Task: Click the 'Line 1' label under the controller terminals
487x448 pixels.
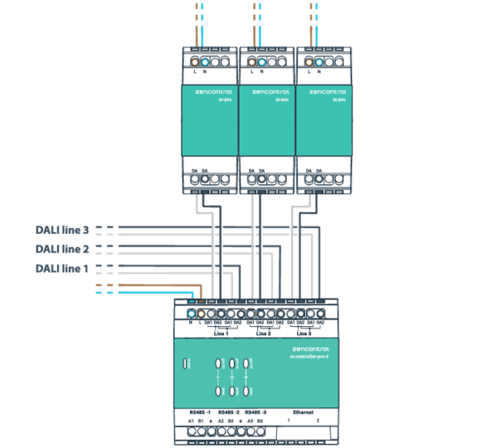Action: coord(221,333)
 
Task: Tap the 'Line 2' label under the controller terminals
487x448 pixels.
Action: coord(262,333)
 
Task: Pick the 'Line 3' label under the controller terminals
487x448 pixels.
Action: coord(303,333)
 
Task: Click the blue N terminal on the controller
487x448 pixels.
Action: coord(192,312)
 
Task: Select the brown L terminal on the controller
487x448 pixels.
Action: coord(201,312)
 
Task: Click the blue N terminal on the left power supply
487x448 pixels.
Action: coord(208,61)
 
